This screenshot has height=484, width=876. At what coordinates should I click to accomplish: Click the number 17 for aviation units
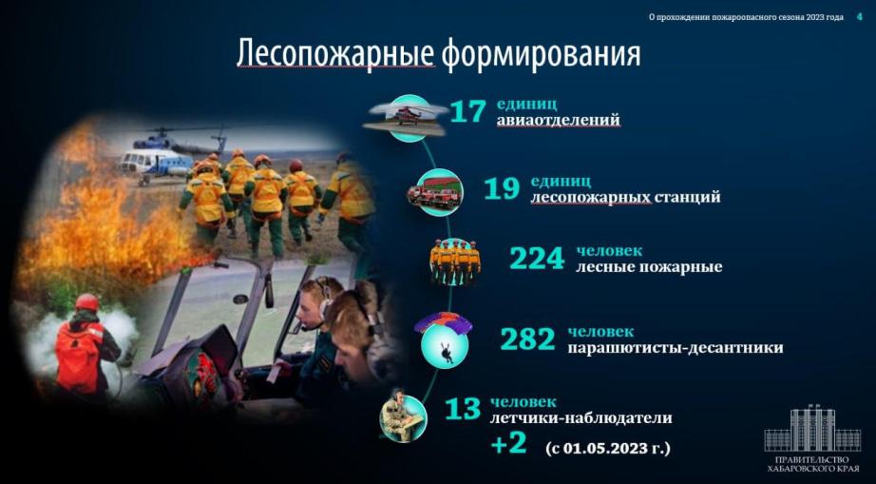(467, 111)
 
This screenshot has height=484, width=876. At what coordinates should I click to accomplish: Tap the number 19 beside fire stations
(502, 189)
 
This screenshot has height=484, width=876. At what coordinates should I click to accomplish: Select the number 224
(537, 259)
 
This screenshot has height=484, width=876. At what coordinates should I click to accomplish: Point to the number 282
(528, 339)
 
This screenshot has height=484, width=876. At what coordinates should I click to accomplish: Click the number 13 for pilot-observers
(463, 409)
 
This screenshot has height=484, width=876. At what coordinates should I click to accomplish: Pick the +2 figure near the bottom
(508, 443)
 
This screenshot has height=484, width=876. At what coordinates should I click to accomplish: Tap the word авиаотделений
(559, 120)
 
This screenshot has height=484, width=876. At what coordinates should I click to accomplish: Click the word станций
(688, 197)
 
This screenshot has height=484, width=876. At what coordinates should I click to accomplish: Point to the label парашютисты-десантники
(676, 348)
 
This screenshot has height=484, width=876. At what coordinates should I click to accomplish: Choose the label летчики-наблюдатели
(581, 418)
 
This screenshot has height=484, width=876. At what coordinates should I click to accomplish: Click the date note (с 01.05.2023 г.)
(607, 448)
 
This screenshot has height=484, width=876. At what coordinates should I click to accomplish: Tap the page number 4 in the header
(859, 17)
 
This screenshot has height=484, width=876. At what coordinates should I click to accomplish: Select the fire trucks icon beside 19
(435, 193)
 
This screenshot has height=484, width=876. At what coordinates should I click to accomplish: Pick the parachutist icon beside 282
(445, 339)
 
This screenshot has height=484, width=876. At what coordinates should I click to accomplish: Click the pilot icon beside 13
(402, 416)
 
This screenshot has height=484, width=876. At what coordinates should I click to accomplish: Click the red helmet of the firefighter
(87, 302)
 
